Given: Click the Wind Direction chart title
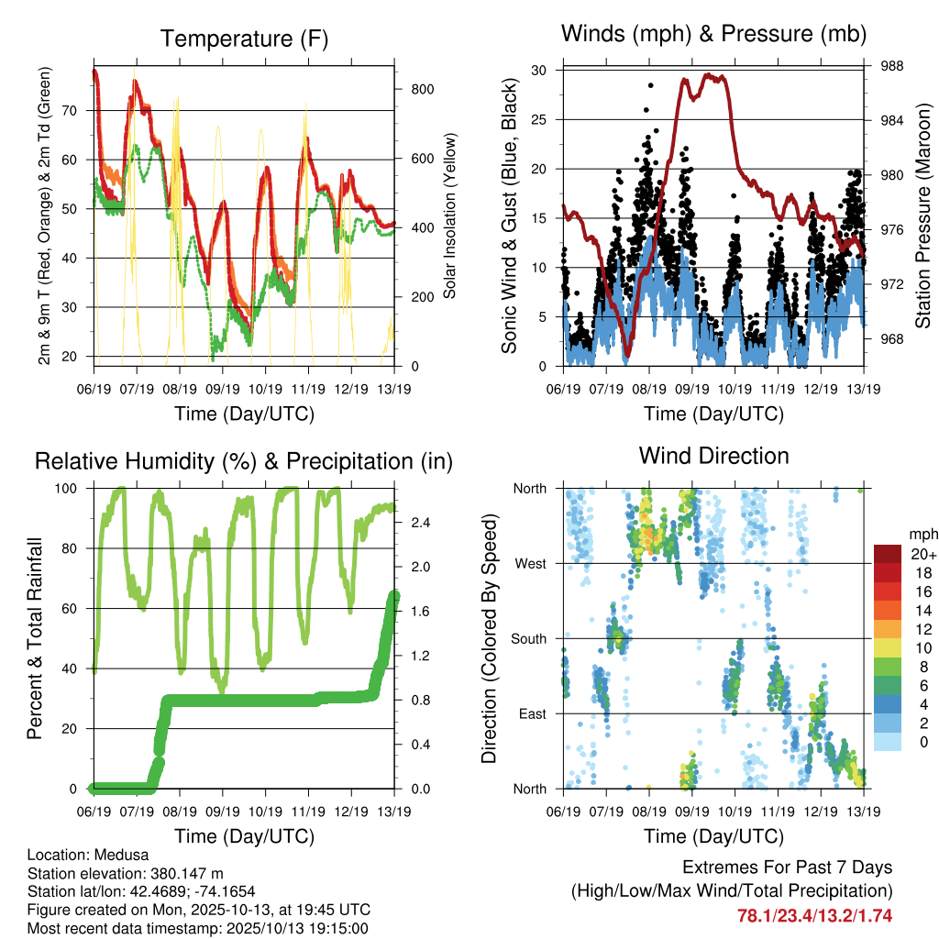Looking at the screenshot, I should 713,455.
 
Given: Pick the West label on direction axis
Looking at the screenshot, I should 530,563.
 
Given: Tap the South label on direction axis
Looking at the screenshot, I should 528,638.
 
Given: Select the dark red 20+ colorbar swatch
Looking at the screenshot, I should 887,554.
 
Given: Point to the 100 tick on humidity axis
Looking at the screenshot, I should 72,488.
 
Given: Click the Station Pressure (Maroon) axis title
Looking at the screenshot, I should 923,216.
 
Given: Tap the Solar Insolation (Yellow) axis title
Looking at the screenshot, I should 451,216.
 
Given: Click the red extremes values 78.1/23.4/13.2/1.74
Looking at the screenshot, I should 814,915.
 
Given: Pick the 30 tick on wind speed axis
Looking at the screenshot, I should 540,70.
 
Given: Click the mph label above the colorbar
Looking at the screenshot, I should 921,534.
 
